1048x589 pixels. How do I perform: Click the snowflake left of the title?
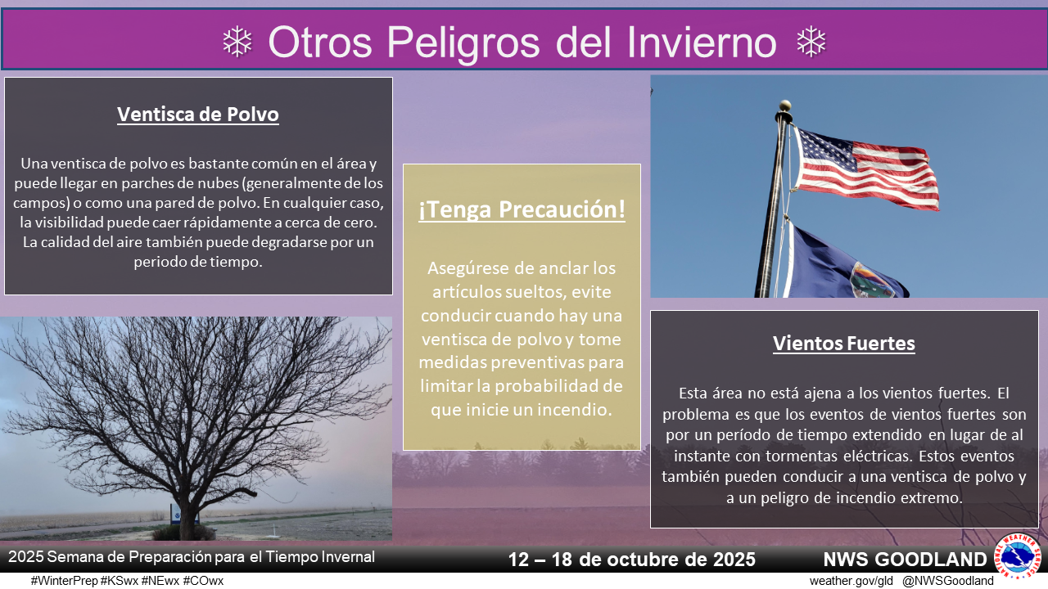tap(237, 42)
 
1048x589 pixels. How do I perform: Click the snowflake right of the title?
tap(811, 42)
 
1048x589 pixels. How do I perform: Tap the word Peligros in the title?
tap(463, 43)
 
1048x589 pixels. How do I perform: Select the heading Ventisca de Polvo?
tap(198, 114)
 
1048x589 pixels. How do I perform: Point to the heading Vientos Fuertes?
tap(843, 343)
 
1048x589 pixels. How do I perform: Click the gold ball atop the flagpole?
tap(785, 106)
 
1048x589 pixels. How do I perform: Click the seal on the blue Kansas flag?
tap(870, 281)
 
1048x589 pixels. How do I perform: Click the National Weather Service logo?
tap(1018, 555)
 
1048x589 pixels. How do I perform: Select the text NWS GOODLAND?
tap(905, 559)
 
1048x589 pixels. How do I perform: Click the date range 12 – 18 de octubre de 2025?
tap(631, 559)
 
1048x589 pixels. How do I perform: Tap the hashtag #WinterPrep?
tap(65, 581)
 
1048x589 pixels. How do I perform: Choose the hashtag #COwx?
tap(204, 581)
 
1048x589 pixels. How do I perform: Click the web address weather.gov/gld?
tap(851, 581)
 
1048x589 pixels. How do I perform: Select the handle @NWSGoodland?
tap(948, 581)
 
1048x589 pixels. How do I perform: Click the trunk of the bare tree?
tap(188, 515)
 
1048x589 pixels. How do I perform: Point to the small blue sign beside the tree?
tap(177, 515)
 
